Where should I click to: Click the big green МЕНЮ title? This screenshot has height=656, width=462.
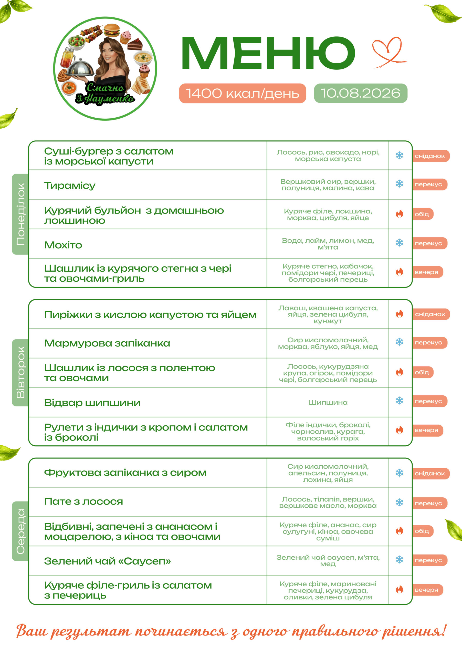tap(268, 53)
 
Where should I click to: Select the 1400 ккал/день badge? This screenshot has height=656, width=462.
tap(243, 93)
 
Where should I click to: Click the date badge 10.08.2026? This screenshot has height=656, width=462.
tap(360, 93)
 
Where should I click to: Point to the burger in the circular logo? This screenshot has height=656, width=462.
tap(111, 30)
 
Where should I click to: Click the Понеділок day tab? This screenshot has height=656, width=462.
tap(20, 214)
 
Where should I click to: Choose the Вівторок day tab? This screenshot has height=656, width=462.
tap(20, 373)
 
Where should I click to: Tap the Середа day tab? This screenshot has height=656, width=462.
tap(20, 531)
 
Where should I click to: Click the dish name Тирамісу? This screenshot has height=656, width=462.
tap(70, 186)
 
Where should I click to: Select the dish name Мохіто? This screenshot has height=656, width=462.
tap(63, 245)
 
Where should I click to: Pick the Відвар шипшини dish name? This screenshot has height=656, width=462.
tap(92, 403)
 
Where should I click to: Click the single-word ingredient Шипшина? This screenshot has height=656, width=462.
tap(328, 402)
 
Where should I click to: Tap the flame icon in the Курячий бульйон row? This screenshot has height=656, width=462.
tap(400, 214)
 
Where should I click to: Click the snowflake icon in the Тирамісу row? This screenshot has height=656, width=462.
tap(400, 184)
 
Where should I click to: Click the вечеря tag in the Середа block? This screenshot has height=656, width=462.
tap(427, 590)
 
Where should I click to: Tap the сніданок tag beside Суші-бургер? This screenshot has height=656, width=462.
tap(430, 156)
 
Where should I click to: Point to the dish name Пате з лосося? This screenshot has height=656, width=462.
tap(83, 501)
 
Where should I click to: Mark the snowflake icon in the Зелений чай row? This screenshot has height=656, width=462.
tap(400, 559)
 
